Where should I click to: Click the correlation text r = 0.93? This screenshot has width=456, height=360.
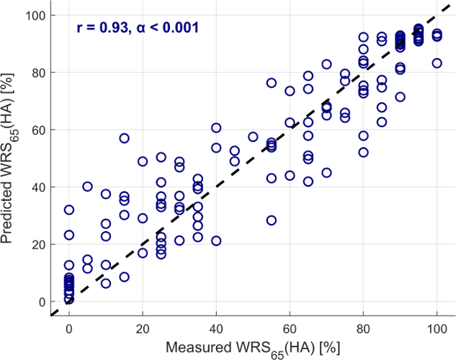100,28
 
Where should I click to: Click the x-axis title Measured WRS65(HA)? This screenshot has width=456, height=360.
253,348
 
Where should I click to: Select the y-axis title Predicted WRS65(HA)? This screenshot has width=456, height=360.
14,158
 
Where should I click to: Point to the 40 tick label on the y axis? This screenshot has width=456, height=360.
42,187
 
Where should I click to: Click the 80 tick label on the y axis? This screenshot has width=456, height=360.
42,73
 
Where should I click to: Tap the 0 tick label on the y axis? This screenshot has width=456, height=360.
45,302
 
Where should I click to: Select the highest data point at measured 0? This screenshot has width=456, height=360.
69,210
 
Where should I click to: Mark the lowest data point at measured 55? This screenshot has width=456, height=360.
272,220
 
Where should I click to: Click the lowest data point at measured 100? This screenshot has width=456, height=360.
437,63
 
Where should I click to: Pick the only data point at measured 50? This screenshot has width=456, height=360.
253,137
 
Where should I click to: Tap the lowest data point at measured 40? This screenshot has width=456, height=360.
216,241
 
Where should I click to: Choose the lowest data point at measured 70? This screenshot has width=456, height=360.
326,173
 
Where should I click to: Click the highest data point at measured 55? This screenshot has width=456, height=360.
272,83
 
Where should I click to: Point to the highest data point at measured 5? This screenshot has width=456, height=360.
87,186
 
